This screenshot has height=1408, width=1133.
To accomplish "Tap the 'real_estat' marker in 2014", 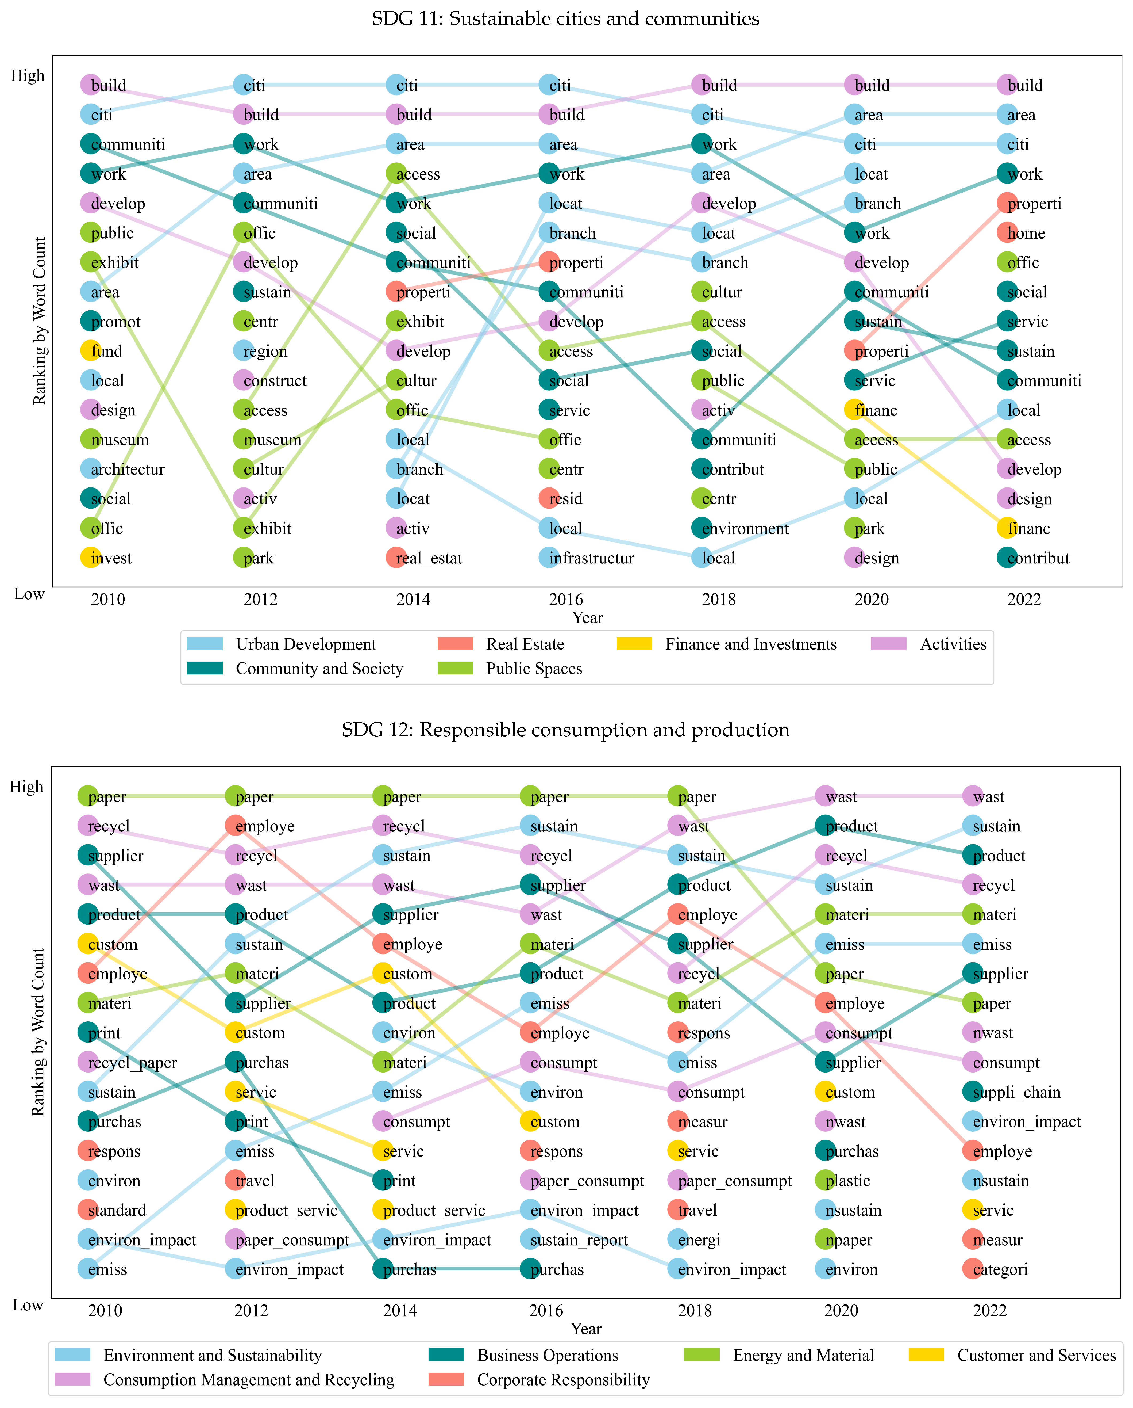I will coord(395,558).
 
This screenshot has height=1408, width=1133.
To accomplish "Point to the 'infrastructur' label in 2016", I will coord(591,558).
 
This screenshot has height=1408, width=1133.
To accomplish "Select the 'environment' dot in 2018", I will coord(702,528).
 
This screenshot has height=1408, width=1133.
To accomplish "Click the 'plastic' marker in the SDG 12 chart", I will coord(826,1181).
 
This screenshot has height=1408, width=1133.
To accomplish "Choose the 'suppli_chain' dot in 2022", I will coord(972,1092).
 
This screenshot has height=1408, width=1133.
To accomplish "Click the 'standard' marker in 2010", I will coord(87,1210).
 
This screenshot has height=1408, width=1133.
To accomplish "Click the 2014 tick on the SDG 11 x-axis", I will coord(413,599).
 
